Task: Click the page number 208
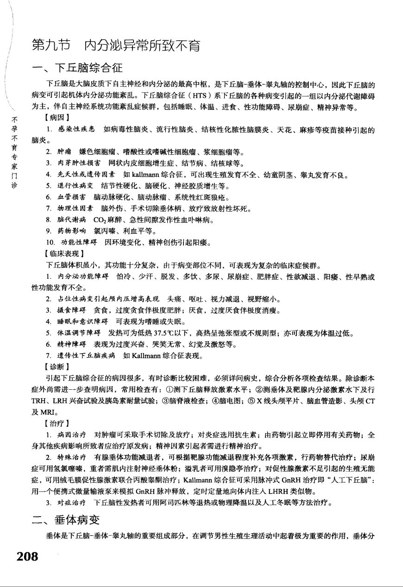(x=27, y=556)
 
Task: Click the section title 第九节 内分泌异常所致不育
(x=115, y=46)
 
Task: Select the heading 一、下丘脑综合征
(x=77, y=69)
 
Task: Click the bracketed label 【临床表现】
(x=63, y=254)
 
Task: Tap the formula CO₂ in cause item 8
(x=100, y=220)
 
